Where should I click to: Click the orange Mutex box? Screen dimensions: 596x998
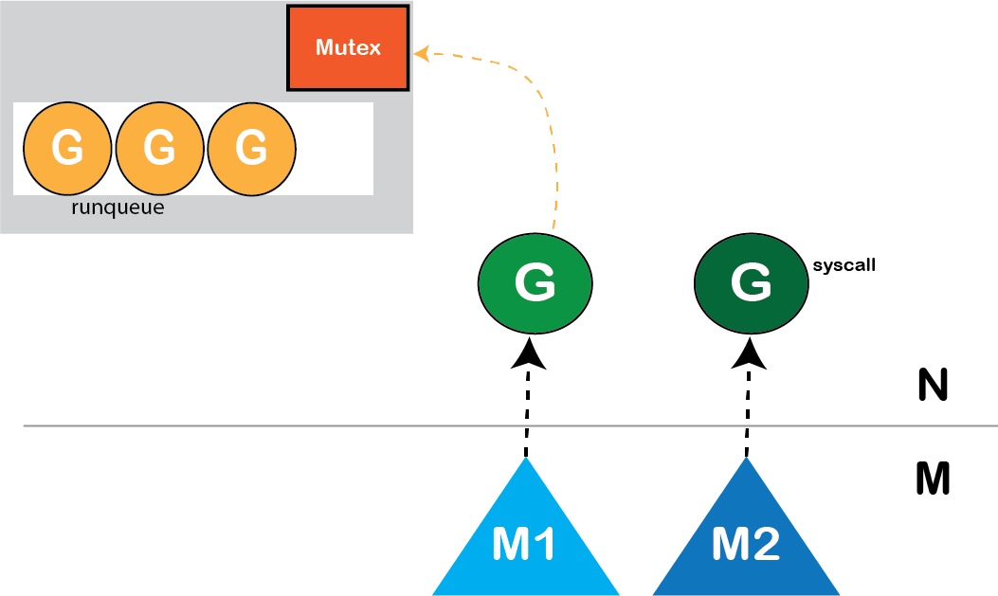click(348, 47)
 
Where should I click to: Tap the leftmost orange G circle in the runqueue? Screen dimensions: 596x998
click(66, 147)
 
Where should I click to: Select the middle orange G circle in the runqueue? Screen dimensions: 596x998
click(159, 147)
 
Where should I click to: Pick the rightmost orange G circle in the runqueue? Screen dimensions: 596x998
click(251, 147)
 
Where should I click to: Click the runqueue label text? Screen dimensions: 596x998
click(118, 208)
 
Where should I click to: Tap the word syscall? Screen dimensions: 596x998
click(844, 266)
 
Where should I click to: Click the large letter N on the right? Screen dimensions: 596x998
click(934, 386)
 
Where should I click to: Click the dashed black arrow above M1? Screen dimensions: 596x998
click(527, 407)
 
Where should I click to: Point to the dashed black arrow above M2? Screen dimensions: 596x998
click(748, 407)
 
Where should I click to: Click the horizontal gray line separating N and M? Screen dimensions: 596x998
click(284, 426)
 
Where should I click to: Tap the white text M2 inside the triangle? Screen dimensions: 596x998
click(746, 544)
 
